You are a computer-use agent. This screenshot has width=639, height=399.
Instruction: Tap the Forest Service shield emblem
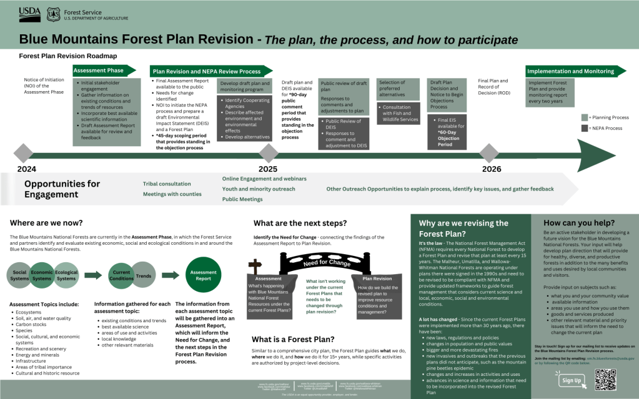point(54,12)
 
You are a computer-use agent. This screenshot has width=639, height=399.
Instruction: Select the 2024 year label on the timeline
point(26,169)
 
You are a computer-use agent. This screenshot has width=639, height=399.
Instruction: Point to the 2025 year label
point(267,169)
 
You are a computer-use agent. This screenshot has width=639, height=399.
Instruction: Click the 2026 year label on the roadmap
point(491,169)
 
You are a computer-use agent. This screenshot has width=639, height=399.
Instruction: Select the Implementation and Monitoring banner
point(575,71)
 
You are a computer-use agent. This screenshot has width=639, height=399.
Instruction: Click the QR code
point(605,379)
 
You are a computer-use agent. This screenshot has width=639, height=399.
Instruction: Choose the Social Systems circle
point(20,275)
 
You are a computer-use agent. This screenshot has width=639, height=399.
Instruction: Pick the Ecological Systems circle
point(66,275)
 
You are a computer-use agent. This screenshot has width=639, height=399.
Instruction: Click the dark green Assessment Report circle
point(203,275)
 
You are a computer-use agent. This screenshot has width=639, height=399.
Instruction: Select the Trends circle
point(143,275)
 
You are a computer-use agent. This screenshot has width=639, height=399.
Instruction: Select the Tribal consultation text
point(167,184)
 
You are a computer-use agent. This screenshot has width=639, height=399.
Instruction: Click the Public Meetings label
point(242,199)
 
